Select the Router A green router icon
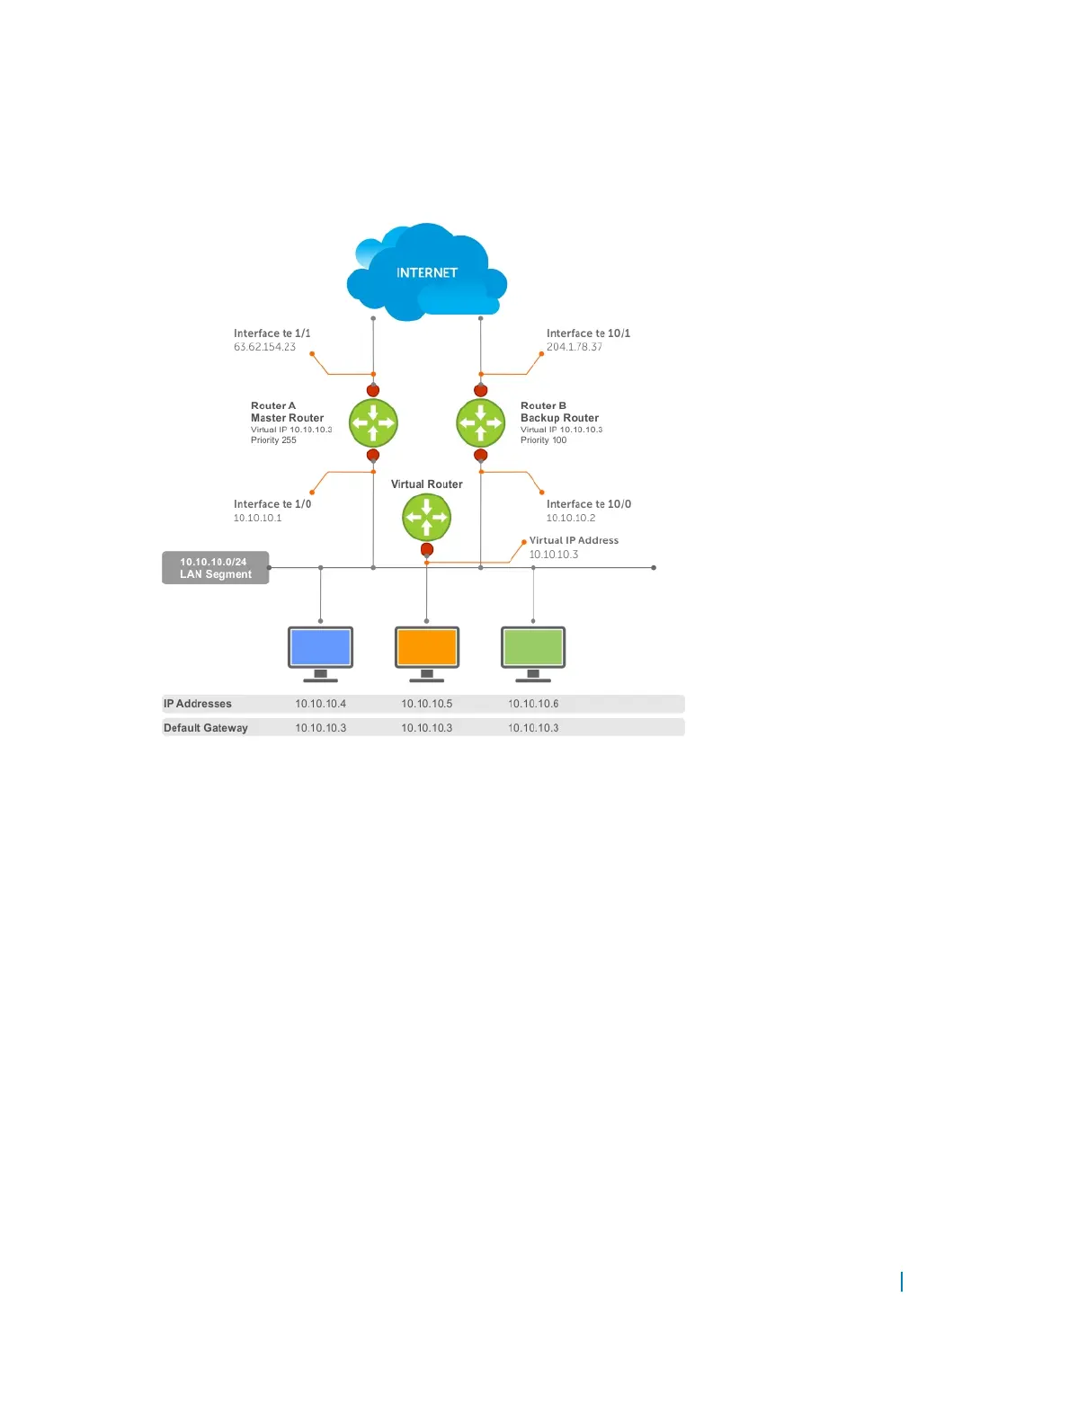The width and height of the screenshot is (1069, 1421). coord(373,422)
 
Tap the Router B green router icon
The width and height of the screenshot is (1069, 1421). coord(480,422)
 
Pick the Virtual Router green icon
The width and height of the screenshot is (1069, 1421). coord(426,517)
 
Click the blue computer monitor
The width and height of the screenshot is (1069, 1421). coord(320,648)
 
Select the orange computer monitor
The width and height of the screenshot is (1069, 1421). coord(427,648)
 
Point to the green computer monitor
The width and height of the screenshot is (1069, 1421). coord(533,648)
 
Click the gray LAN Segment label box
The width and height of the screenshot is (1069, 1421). coord(216,568)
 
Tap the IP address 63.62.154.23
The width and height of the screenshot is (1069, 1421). coord(264,347)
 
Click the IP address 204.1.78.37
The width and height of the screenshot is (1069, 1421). coord(575,347)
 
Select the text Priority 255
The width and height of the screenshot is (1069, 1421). coord(273,440)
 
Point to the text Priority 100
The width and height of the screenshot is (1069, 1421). coord(543,440)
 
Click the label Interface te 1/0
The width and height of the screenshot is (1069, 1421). coord(272,504)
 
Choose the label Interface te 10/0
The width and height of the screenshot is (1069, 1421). coord(589,504)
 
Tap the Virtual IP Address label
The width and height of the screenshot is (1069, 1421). coord(574,540)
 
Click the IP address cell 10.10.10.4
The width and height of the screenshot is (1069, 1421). coord(320,704)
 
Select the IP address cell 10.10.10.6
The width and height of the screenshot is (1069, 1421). coord(533,704)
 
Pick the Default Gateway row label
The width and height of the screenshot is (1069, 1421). coord(205,728)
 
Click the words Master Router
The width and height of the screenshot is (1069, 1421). coord(287,418)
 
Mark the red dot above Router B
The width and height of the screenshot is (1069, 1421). coord(480,390)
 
